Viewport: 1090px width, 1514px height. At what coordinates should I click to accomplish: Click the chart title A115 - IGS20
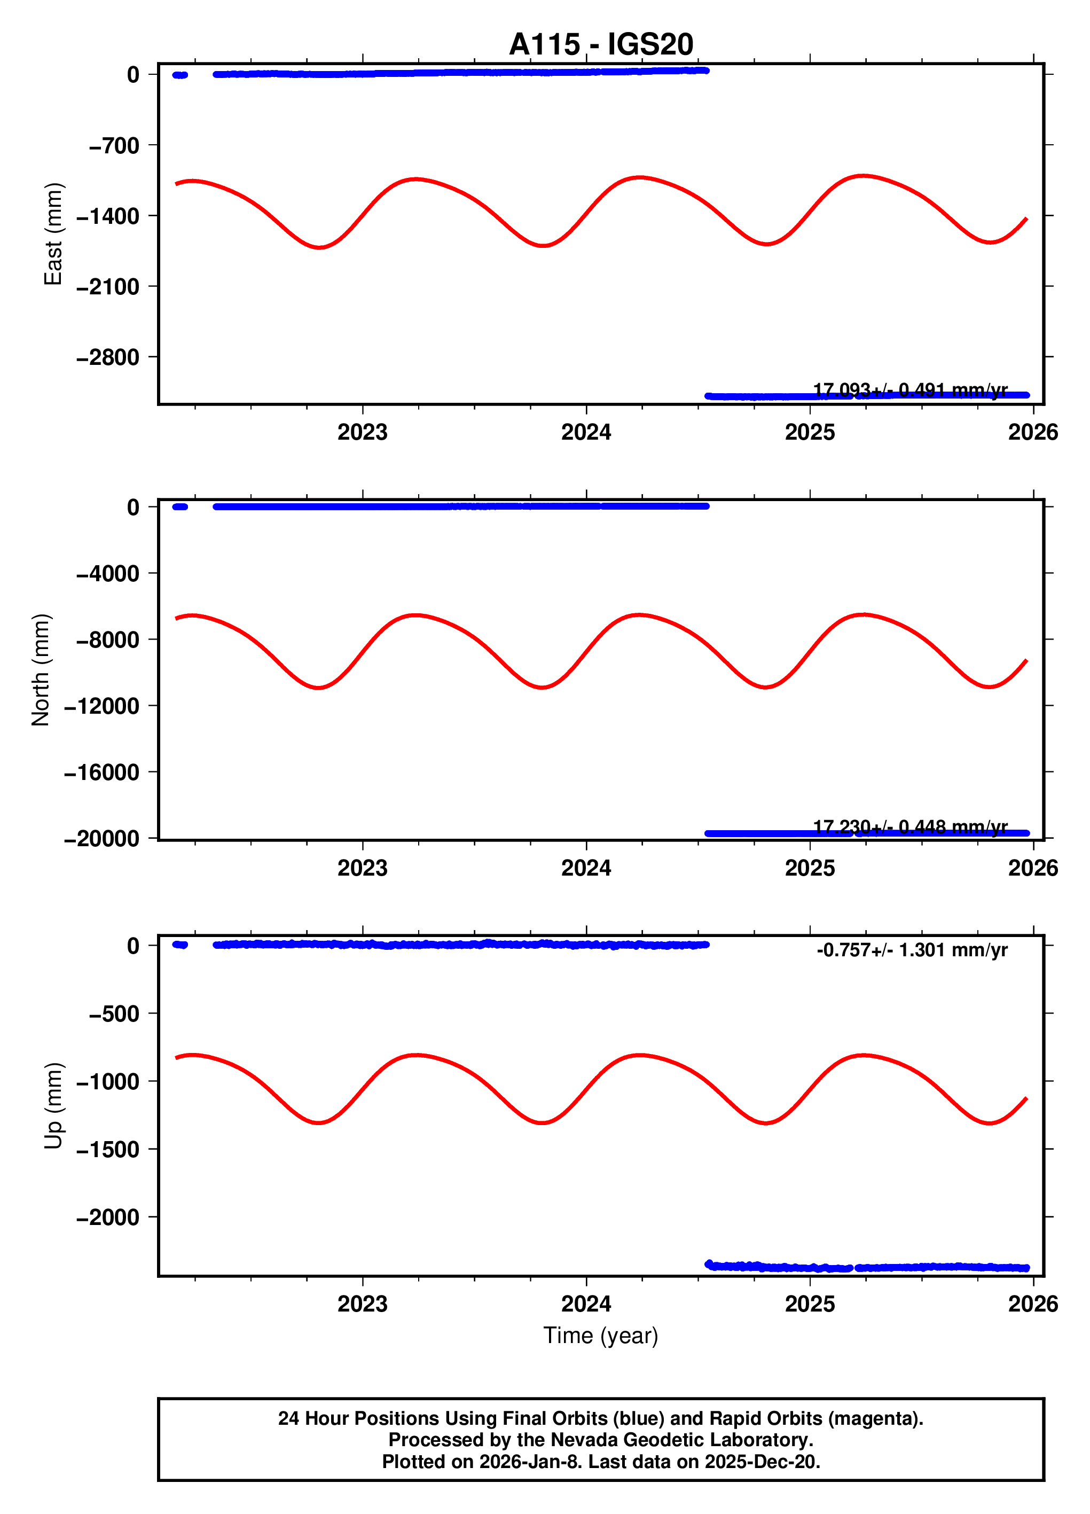pyautogui.click(x=600, y=45)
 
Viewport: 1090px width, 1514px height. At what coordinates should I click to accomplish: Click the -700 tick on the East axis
pyautogui.click(x=114, y=145)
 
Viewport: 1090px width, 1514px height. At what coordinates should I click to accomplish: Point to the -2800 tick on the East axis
pyautogui.click(x=108, y=358)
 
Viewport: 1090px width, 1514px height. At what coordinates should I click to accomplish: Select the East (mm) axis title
pyautogui.click(x=53, y=233)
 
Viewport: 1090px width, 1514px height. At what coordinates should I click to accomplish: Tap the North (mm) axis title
pyautogui.click(x=41, y=669)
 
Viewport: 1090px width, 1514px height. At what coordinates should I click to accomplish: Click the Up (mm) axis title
pyautogui.click(x=53, y=1105)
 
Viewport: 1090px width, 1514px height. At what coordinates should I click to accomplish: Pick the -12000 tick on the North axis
pyautogui.click(x=101, y=706)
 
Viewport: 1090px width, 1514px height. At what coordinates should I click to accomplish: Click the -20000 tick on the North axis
pyautogui.click(x=101, y=838)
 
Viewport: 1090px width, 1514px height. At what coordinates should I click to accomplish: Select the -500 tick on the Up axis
pyautogui.click(x=114, y=1014)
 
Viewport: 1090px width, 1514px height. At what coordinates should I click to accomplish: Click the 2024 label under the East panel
pyautogui.click(x=585, y=433)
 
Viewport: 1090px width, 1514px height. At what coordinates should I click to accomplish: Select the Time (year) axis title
pyautogui.click(x=600, y=1336)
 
